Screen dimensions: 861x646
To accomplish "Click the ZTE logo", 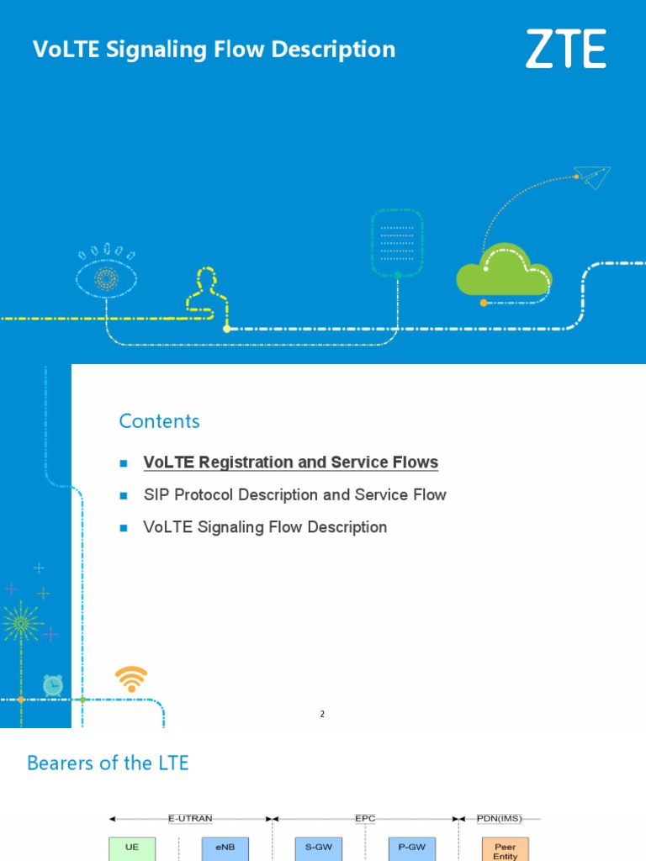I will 565,49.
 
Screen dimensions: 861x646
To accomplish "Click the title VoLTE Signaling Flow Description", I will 214,50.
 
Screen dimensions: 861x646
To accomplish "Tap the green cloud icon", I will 503,270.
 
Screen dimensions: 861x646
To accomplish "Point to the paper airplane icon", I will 592,177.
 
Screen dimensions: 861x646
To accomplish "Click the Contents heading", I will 160,421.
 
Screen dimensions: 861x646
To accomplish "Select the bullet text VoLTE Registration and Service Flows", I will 291,462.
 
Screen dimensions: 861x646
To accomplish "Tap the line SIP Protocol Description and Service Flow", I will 295,495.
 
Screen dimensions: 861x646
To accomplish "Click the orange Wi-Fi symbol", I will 131,679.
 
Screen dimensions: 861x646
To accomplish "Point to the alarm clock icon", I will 53,684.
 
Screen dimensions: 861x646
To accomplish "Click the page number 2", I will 322,714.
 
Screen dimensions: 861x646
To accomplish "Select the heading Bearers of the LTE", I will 108,763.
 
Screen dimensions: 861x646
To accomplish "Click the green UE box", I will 132,848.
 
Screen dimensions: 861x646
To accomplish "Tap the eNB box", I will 225,848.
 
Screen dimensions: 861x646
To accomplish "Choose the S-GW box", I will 318,848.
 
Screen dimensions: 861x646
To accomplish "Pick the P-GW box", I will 411,848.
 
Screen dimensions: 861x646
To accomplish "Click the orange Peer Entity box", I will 506,849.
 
